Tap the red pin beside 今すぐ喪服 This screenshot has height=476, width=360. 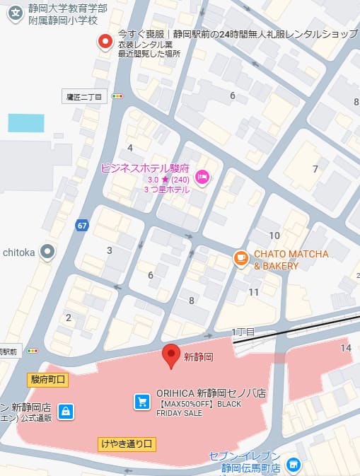[x=105, y=43]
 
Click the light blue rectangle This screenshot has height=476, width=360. [x=25, y=122]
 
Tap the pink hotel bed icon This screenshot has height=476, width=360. [x=202, y=176]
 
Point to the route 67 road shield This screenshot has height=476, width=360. [x=83, y=225]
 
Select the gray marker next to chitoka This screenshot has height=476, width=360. [x=47, y=251]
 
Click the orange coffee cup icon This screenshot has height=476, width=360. [x=240, y=259]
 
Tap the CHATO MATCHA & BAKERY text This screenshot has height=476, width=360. [x=290, y=260]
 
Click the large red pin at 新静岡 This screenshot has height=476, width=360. [x=170, y=355]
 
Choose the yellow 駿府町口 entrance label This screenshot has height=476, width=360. [x=48, y=380]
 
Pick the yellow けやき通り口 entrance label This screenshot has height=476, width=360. [x=125, y=443]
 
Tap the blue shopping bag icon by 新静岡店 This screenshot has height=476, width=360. [x=66, y=411]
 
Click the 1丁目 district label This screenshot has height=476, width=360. [x=243, y=332]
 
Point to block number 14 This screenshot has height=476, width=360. [x=345, y=348]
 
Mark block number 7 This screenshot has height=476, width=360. [x=315, y=168]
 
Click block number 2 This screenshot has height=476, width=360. [x=69, y=318]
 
